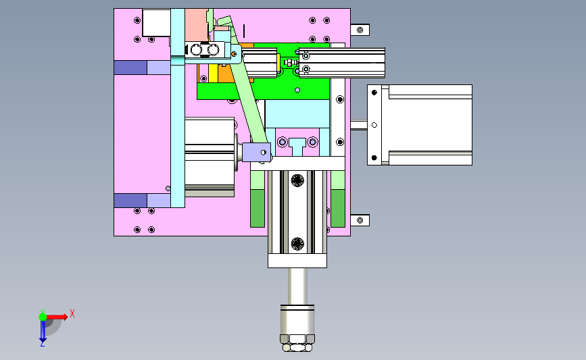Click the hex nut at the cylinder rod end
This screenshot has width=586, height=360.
tap(297, 343)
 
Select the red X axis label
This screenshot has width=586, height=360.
tap(72, 313)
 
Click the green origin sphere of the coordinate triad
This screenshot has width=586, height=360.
tap(43, 317)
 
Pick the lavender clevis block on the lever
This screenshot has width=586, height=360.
tap(256, 153)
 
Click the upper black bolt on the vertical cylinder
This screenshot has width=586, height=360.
tap(297, 180)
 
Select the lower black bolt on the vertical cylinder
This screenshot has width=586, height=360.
tap(297, 244)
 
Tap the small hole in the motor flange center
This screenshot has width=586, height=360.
tap(374, 125)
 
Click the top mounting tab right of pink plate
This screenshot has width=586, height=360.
tap(360, 30)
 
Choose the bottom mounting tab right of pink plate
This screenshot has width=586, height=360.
tap(360, 220)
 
